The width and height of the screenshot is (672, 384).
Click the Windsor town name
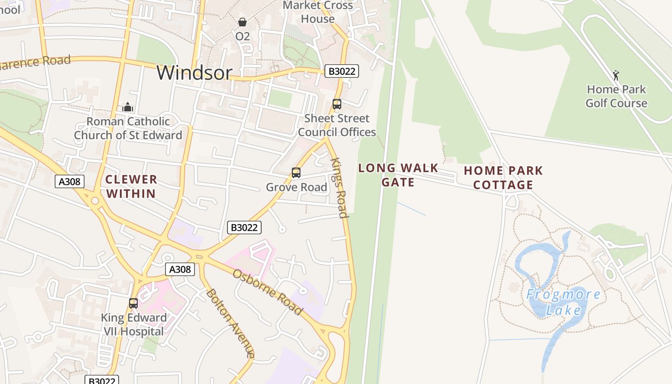(x=194, y=72)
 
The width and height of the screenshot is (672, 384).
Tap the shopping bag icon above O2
(x=242, y=22)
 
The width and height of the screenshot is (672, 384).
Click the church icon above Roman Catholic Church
(x=128, y=107)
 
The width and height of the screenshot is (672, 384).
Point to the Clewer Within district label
(x=131, y=186)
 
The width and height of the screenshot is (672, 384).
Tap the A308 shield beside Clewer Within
(x=70, y=181)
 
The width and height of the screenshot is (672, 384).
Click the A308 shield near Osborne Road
(x=180, y=269)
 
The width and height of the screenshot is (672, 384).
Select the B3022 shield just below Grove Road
(x=244, y=228)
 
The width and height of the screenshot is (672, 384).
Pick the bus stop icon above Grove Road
(x=296, y=173)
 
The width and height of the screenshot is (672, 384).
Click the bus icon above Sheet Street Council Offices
(x=337, y=104)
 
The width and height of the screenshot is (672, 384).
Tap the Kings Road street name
(x=339, y=188)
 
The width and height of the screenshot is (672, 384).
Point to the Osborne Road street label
(x=268, y=292)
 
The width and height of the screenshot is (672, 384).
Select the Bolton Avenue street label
(x=230, y=323)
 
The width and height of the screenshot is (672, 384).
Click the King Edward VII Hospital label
(x=133, y=324)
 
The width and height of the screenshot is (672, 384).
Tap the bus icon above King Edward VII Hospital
(x=133, y=303)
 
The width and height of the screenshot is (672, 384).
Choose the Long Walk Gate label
(x=398, y=175)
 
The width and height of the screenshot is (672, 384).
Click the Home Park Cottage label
(x=503, y=178)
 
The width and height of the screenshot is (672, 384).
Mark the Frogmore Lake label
(x=564, y=302)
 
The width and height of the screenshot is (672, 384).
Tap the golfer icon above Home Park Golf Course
(x=616, y=75)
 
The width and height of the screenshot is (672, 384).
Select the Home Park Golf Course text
(x=616, y=96)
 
